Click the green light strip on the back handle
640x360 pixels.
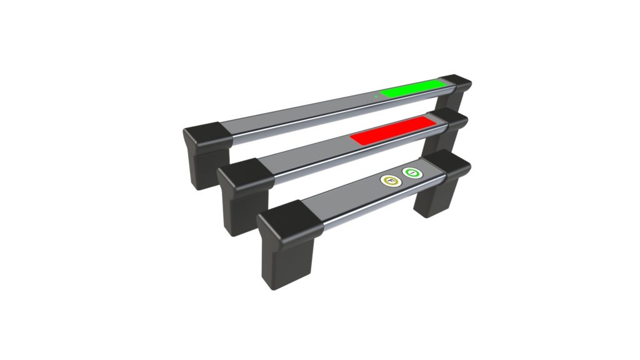pyautogui.click(x=412, y=88)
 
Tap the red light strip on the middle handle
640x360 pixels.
pyautogui.click(x=391, y=129)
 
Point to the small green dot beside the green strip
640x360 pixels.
pyautogui.click(x=376, y=96)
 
